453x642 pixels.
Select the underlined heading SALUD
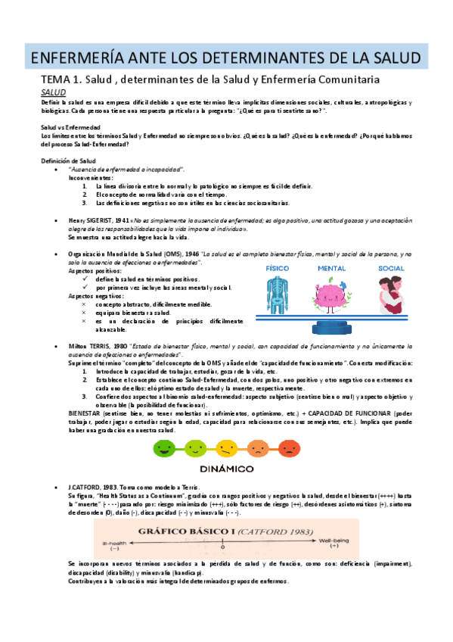[x=54, y=91]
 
